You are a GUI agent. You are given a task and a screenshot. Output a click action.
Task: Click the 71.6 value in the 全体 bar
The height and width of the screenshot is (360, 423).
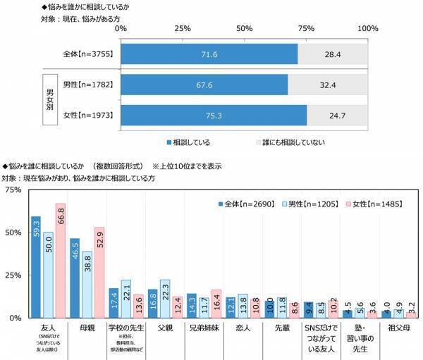point(209,54)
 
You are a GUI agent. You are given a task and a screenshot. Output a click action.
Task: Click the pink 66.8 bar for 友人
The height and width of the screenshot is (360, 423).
point(60,261)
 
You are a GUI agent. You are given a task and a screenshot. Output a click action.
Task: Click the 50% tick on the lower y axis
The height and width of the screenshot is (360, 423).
point(13,232)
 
